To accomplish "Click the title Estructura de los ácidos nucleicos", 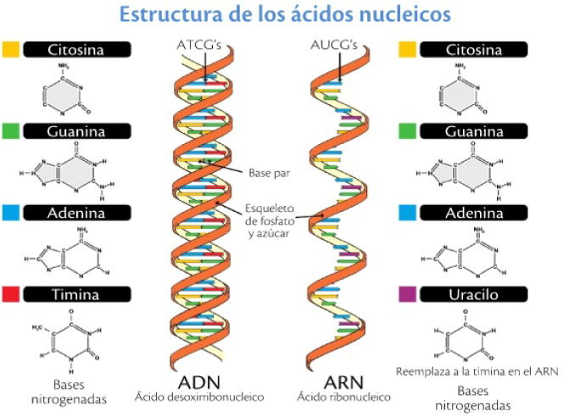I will pos(285,15).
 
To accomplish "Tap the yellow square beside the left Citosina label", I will pos(11,49).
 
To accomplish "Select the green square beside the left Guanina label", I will pos(11,131).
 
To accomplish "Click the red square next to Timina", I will pos(11,294).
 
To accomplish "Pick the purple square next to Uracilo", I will pos(406,294).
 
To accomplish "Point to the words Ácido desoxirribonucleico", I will pos(198,397).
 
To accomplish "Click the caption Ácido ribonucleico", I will pos(332,397).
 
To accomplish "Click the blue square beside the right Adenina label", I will pos(406,212).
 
